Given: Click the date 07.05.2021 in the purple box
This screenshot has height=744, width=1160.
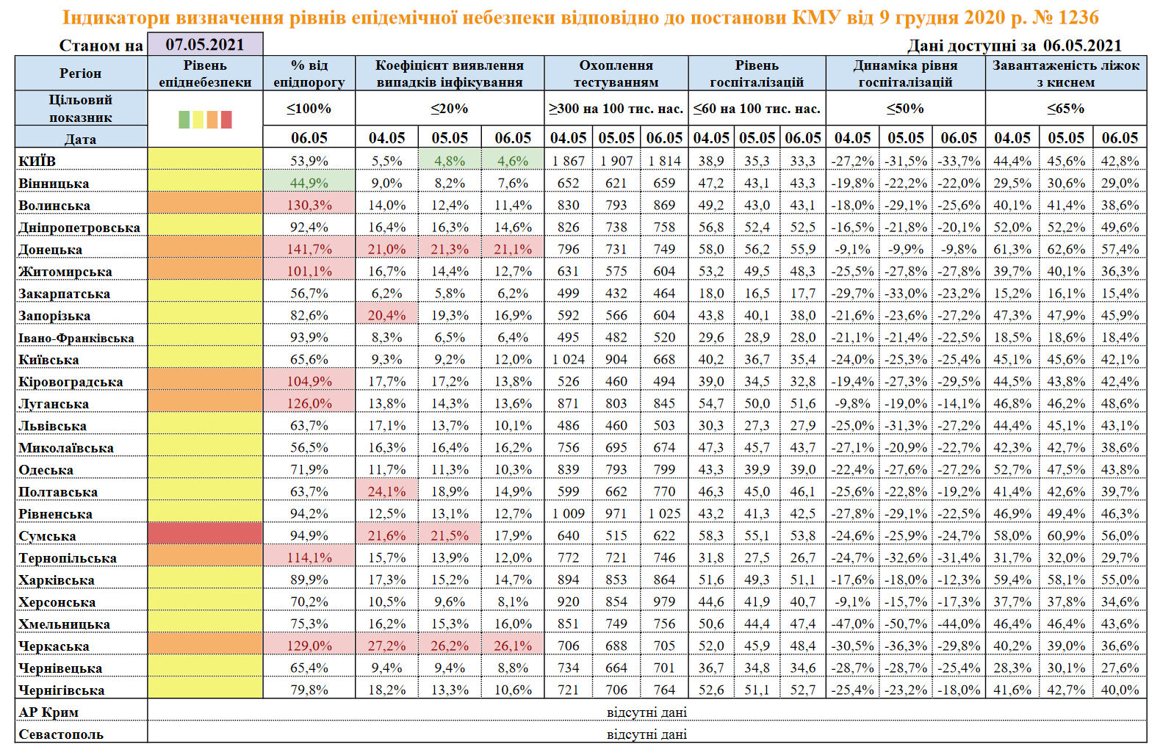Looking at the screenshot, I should pyautogui.click(x=205, y=45).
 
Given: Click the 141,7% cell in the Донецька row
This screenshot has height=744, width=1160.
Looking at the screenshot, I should pyautogui.click(x=309, y=249).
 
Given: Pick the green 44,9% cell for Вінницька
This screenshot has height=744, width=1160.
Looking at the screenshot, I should pyautogui.click(x=309, y=183).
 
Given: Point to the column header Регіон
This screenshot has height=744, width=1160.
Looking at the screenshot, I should pyautogui.click(x=81, y=73).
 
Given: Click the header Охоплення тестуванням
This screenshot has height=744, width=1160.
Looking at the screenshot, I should pyautogui.click(x=616, y=73).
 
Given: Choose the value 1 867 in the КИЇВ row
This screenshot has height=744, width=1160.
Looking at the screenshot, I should pyautogui.click(x=569, y=161).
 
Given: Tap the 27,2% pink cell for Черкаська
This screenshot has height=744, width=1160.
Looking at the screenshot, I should pyautogui.click(x=386, y=646).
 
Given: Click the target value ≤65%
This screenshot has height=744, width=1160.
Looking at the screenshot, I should pyautogui.click(x=1065, y=109).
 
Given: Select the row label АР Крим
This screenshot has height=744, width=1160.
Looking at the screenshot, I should pyautogui.click(x=48, y=712).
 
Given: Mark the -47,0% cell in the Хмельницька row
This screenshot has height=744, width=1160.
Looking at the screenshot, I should pyautogui.click(x=852, y=624).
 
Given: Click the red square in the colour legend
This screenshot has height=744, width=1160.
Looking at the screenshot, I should pyautogui.click(x=226, y=120).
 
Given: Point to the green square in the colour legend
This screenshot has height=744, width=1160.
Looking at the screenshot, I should pyautogui.click(x=184, y=120).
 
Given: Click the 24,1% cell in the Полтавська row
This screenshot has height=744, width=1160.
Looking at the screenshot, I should pyautogui.click(x=386, y=491).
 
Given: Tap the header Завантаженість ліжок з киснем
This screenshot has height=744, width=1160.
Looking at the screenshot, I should pyautogui.click(x=1065, y=73).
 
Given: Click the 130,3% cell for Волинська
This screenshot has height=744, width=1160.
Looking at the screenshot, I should pyautogui.click(x=309, y=205).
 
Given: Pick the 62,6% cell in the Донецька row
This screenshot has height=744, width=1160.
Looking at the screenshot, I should pyautogui.click(x=1066, y=249).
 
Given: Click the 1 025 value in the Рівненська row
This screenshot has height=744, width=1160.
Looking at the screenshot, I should pyautogui.click(x=664, y=513).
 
